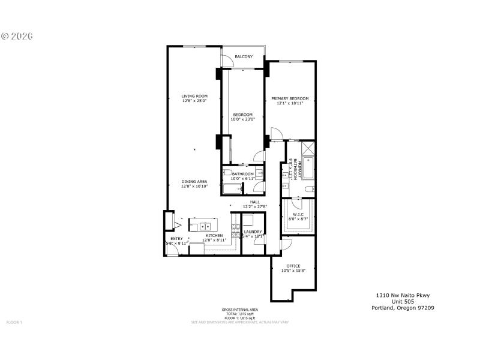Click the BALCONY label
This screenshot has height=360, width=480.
click(244, 57)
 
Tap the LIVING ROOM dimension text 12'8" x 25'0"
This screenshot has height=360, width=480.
click(194, 101)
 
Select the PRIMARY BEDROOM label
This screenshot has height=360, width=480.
click(290, 98)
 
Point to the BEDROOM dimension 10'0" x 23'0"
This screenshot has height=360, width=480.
click(243, 119)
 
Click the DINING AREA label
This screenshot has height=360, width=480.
click(194, 181)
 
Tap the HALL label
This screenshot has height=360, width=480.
click(254, 202)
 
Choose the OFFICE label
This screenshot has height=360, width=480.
click(293, 266)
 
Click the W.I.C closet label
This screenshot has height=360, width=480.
click(298, 214)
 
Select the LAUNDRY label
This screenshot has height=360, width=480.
click(253, 231)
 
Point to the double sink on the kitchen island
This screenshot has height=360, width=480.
click(205, 226)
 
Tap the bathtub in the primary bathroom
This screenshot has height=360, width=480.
click(307, 168)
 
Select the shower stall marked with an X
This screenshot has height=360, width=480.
click(308, 148)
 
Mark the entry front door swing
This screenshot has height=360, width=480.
click(172, 250)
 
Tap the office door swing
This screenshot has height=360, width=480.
click(286, 244)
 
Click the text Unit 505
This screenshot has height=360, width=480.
click(402, 301)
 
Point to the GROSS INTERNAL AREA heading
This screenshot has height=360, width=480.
click(239, 310)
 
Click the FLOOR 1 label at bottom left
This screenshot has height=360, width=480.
click(14, 322)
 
